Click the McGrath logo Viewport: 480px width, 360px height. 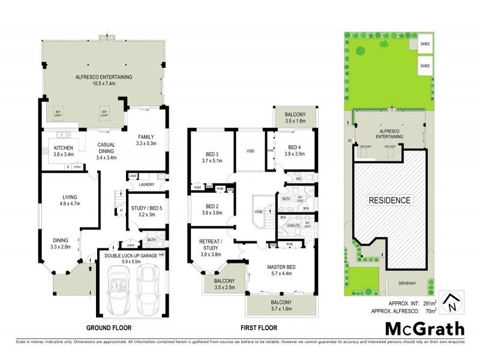click(x=424, y=328)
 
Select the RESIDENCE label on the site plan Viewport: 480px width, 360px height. click(x=389, y=200)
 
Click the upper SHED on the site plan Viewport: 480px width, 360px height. click(x=425, y=43)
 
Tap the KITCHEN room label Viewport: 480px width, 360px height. click(x=64, y=148)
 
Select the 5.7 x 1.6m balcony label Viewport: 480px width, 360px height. click(x=280, y=306)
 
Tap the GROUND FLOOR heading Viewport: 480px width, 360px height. click(x=109, y=328)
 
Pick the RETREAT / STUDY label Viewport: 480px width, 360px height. click(x=211, y=247)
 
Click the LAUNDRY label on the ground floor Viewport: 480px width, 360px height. click(x=147, y=185)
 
